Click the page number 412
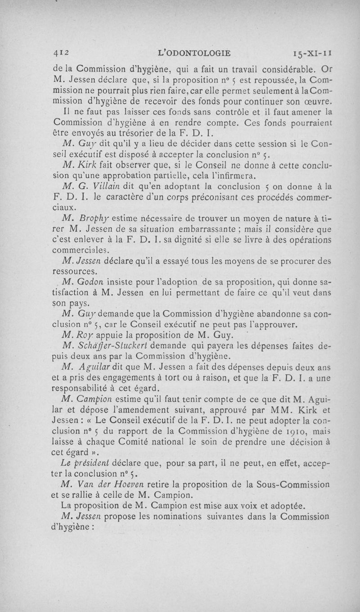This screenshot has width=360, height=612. click(x=60, y=53)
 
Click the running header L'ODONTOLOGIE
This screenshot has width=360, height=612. click(x=195, y=53)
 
